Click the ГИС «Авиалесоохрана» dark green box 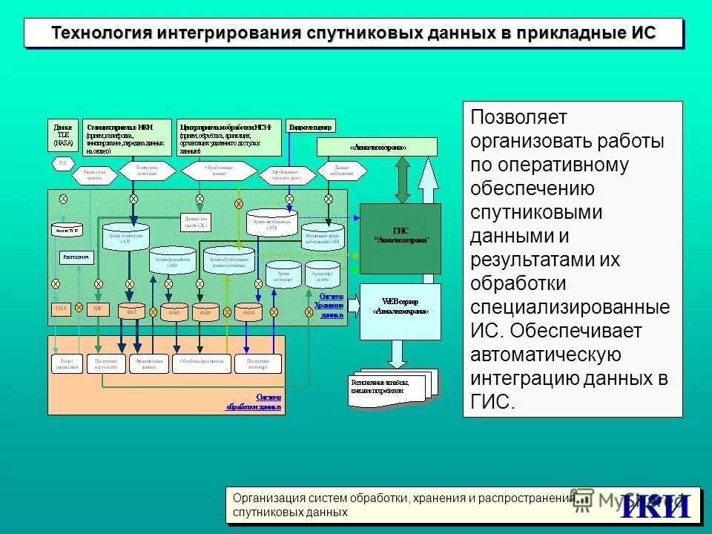point(400,238)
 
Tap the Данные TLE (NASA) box point(64,136)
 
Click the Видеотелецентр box point(311,126)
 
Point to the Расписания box point(76,257)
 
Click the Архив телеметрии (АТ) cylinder point(126,236)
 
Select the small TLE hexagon point(62,161)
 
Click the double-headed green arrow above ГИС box point(402,179)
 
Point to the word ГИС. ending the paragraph point(492,401)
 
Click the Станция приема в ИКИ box point(128,136)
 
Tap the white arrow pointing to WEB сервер point(353,304)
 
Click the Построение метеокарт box point(258,363)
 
